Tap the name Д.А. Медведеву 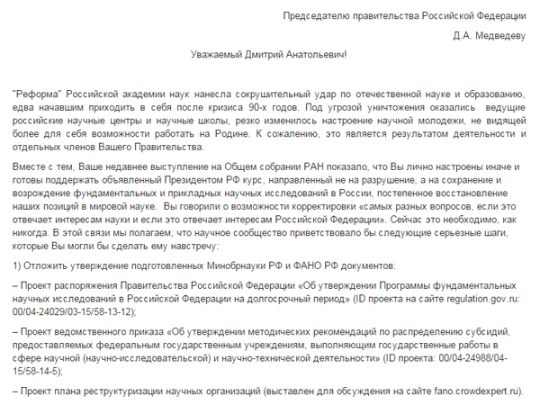[490, 36]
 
